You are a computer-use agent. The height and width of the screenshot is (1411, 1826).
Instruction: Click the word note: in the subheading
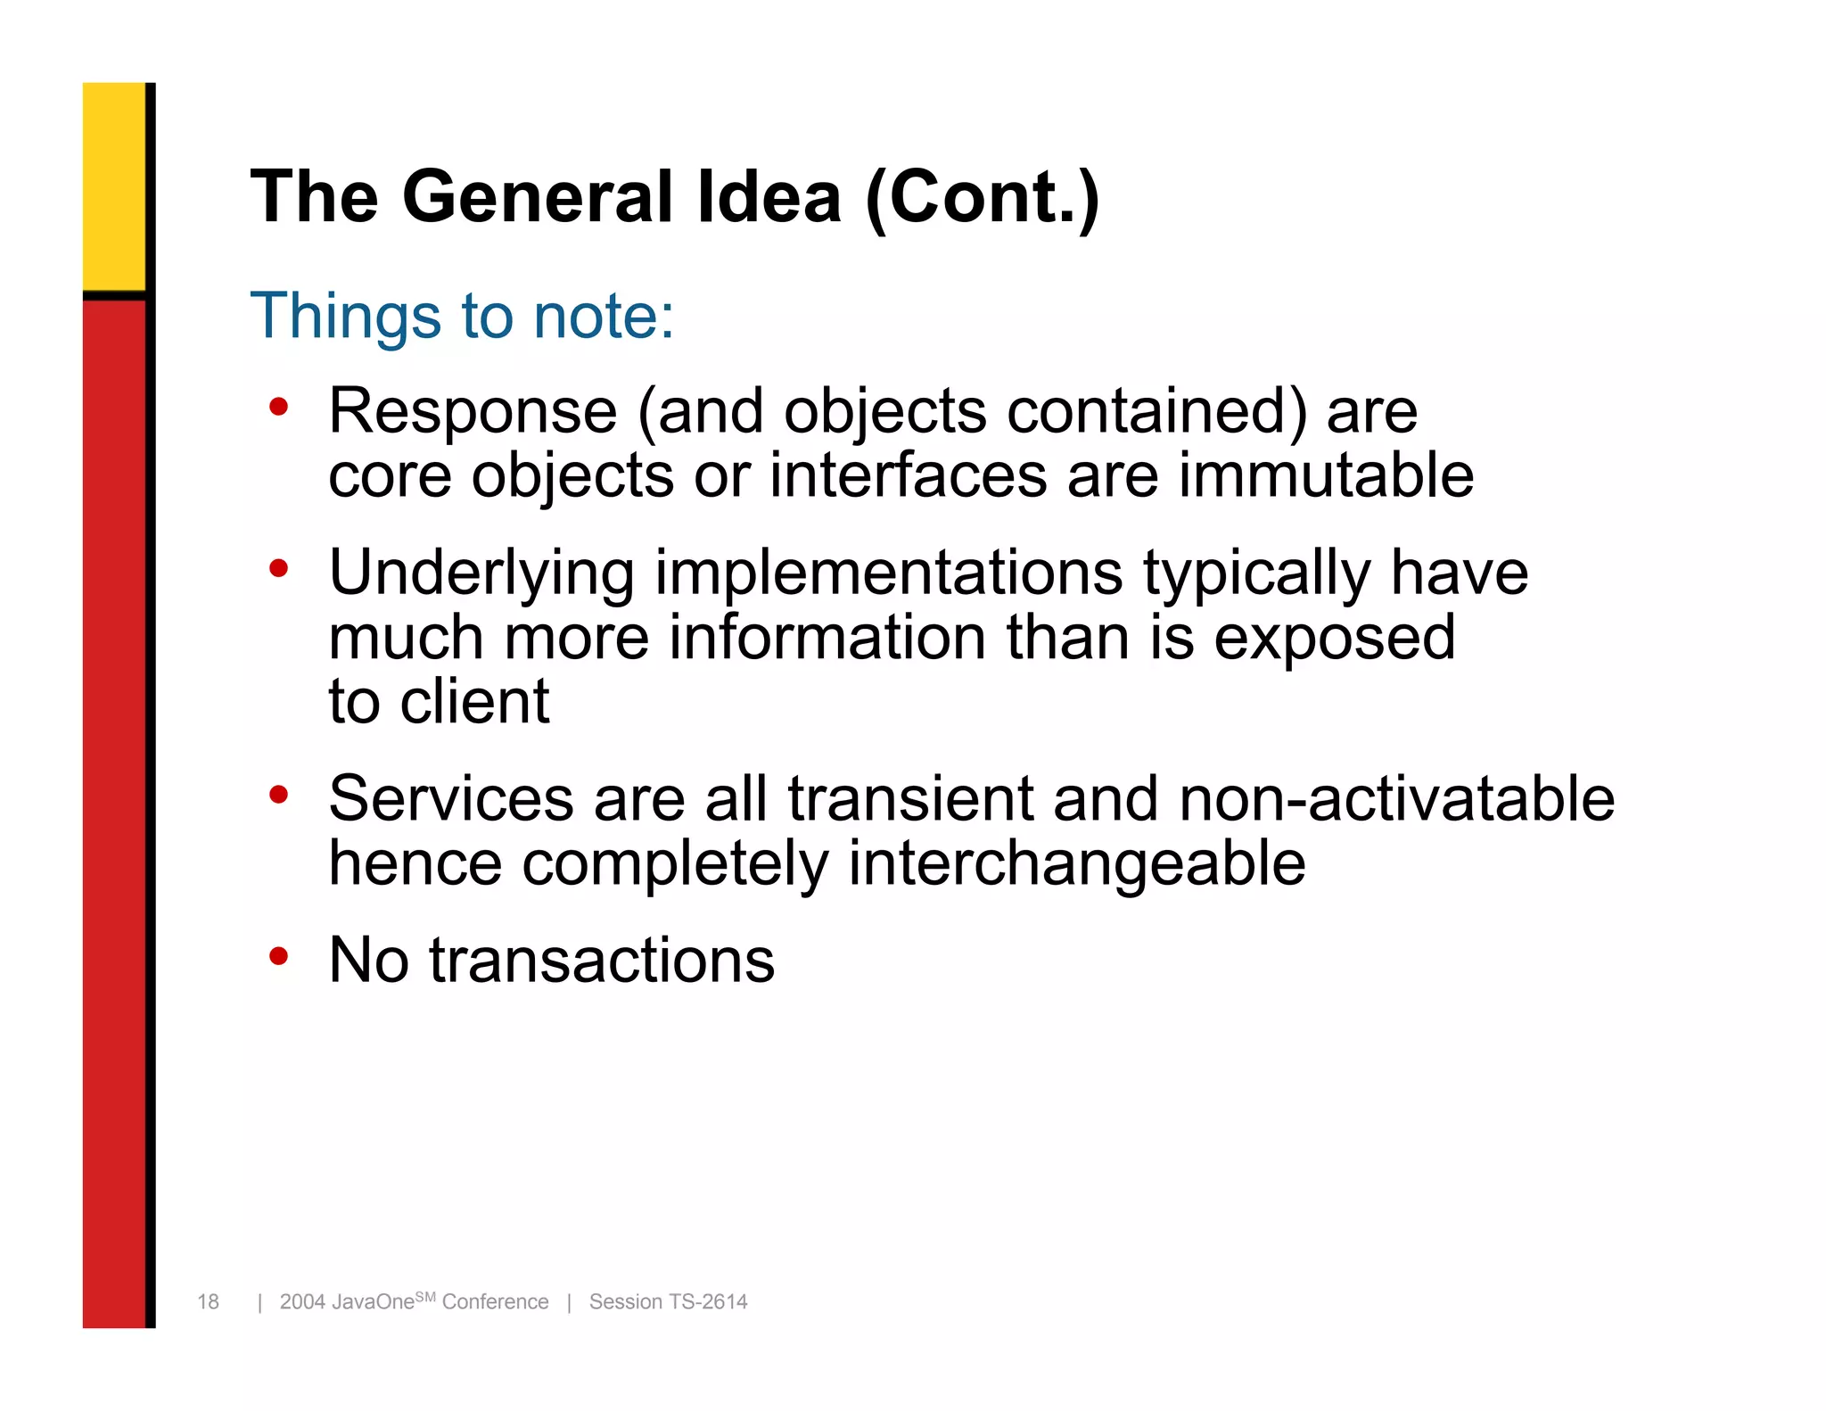click(604, 316)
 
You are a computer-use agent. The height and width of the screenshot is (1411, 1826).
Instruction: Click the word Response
click(473, 412)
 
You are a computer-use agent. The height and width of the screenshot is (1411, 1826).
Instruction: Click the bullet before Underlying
click(279, 568)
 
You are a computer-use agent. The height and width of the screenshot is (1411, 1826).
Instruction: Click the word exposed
click(1335, 638)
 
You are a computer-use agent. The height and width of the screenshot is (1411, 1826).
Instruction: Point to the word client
click(474, 702)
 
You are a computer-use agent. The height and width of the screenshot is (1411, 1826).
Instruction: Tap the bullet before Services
click(279, 794)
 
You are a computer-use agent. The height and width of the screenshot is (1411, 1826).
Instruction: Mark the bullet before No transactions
click(279, 957)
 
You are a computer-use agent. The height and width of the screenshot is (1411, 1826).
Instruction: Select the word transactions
click(602, 961)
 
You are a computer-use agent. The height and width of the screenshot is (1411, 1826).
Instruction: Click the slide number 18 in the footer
click(208, 1302)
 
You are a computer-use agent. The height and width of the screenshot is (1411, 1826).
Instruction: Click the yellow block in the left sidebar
click(114, 186)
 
